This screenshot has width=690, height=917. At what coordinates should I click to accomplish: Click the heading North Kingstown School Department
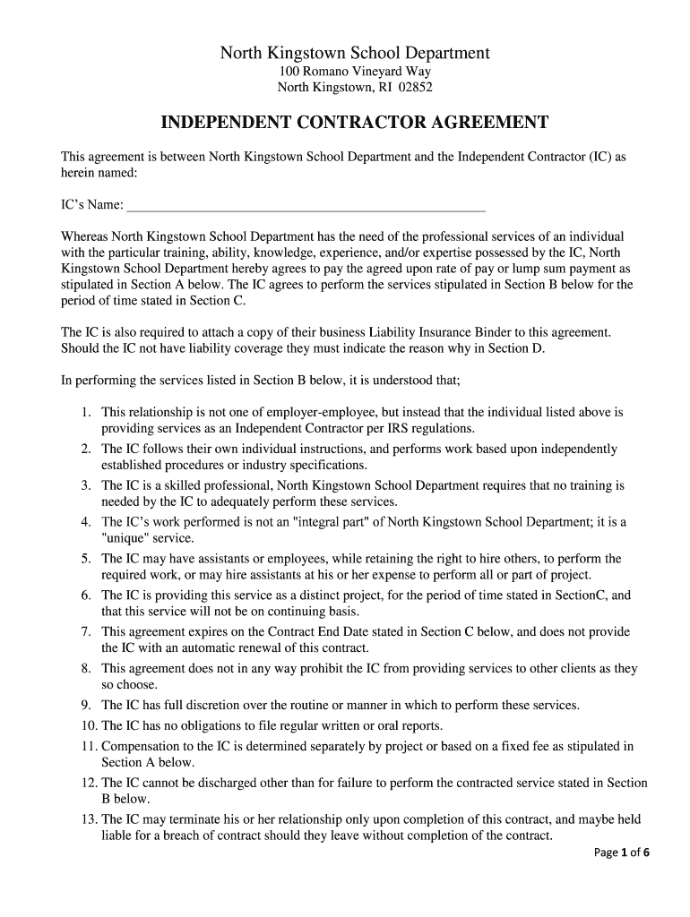(x=355, y=53)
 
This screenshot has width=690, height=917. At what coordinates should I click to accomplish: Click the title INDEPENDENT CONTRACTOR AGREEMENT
(x=354, y=122)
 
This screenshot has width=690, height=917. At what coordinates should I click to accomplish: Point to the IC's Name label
(x=92, y=205)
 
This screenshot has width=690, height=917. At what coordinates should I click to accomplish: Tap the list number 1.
(x=86, y=413)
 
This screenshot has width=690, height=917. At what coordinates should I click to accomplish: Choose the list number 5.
(x=86, y=559)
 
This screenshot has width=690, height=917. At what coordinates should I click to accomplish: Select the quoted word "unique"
(x=128, y=538)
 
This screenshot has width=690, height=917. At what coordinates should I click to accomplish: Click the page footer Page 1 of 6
(x=622, y=853)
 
